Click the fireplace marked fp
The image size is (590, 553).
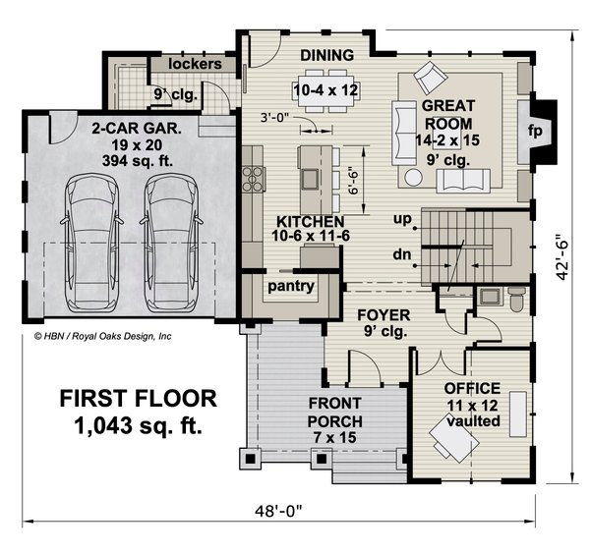click(x=537, y=129)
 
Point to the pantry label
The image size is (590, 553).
click(x=291, y=287)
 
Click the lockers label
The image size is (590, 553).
click(x=195, y=64)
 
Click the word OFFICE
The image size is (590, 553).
click(x=472, y=389)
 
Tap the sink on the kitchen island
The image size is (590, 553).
click(x=310, y=178)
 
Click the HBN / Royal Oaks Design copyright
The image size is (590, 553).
click(x=103, y=335)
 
